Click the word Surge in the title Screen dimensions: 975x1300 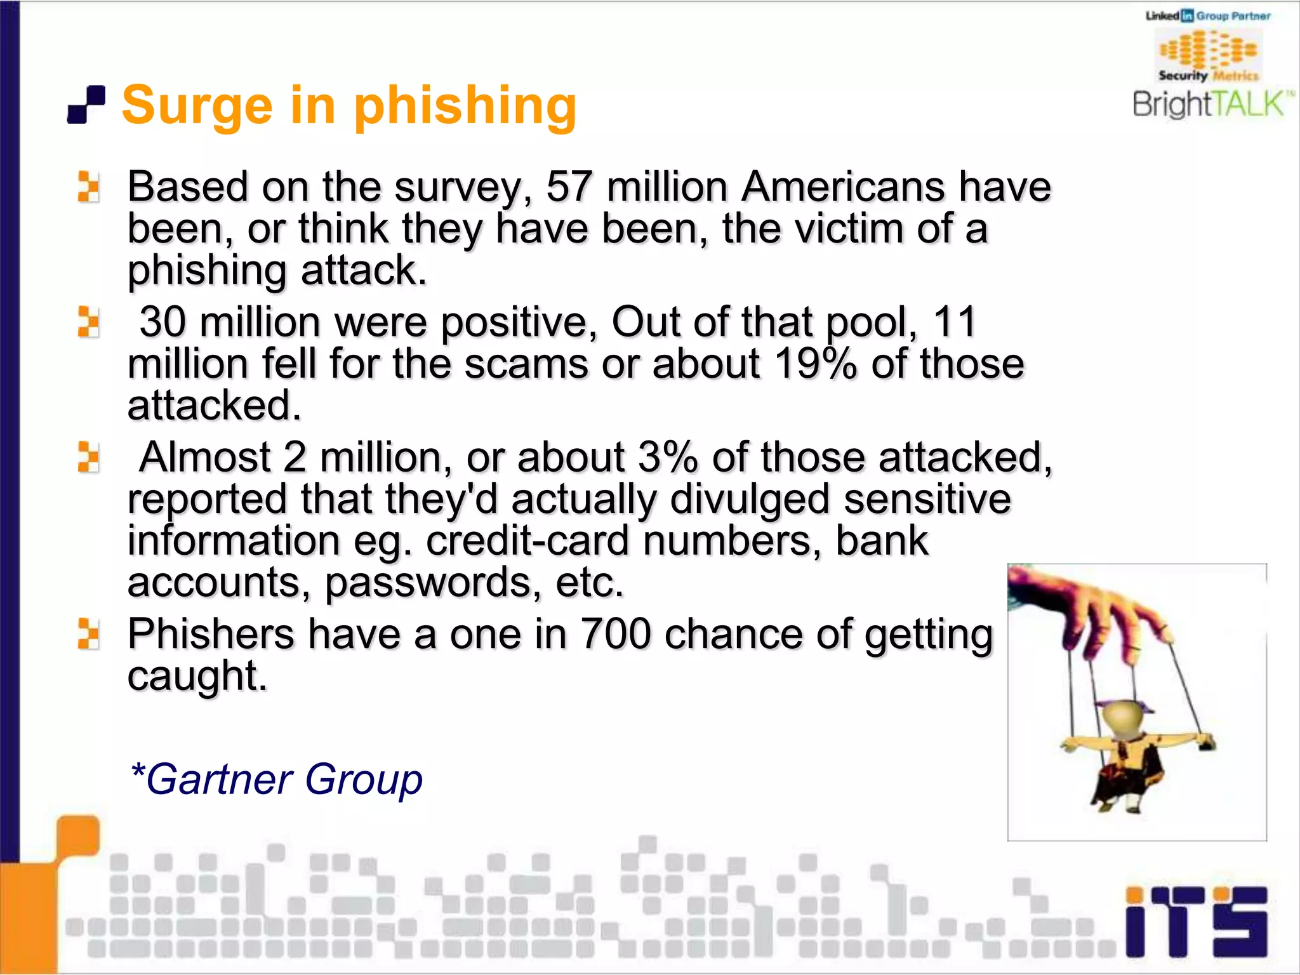[x=197, y=106]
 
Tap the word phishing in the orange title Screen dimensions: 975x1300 [x=465, y=106]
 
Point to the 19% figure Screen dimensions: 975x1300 [x=815, y=364]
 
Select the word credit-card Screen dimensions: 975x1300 [x=527, y=541]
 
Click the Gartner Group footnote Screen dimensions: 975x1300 [x=276, y=779]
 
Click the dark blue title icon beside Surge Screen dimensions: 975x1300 [x=86, y=105]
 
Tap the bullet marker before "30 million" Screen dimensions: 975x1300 [x=88, y=322]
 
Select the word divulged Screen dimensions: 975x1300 [x=750, y=499]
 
